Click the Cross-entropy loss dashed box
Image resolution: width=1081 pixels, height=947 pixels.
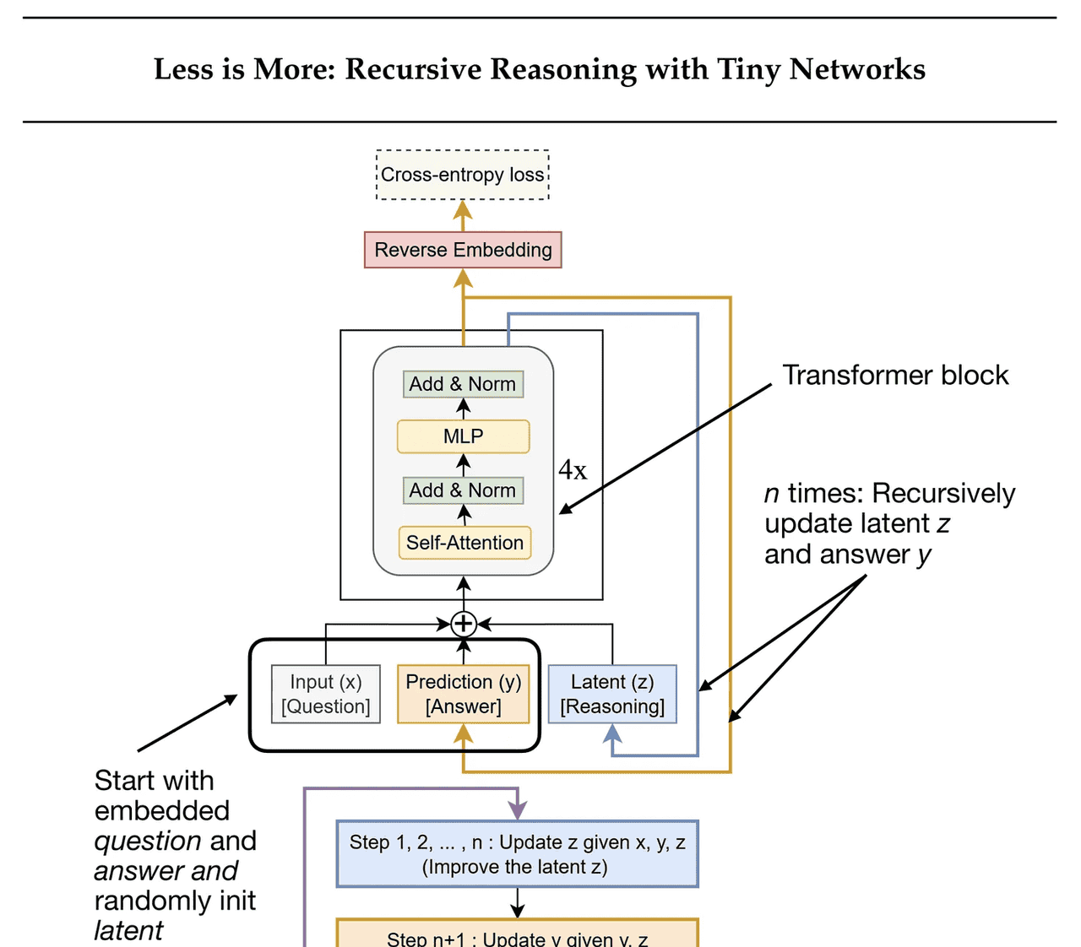[x=463, y=175]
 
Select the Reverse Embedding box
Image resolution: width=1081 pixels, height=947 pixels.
[x=463, y=250]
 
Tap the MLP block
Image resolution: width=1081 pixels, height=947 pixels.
[x=463, y=436]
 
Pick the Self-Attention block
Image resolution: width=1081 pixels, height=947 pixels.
[x=464, y=543]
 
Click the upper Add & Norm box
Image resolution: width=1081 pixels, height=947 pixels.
[x=463, y=384]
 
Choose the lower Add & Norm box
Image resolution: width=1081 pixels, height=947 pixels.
[x=463, y=490]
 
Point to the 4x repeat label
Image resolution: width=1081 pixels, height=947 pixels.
[x=573, y=470]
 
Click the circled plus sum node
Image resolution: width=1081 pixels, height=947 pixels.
[x=463, y=624]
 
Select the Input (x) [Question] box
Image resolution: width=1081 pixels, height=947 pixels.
[x=326, y=694]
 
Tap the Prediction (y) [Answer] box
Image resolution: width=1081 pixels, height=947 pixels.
[x=463, y=694]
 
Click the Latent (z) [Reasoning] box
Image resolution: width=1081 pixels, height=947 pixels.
[x=612, y=694]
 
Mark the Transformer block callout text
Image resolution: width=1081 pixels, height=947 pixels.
[x=895, y=375]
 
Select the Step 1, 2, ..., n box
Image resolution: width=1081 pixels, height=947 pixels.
[x=517, y=853]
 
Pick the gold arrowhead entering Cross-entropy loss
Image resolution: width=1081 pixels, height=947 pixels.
[x=463, y=209]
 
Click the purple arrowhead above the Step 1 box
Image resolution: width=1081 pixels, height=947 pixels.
[x=517, y=811]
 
